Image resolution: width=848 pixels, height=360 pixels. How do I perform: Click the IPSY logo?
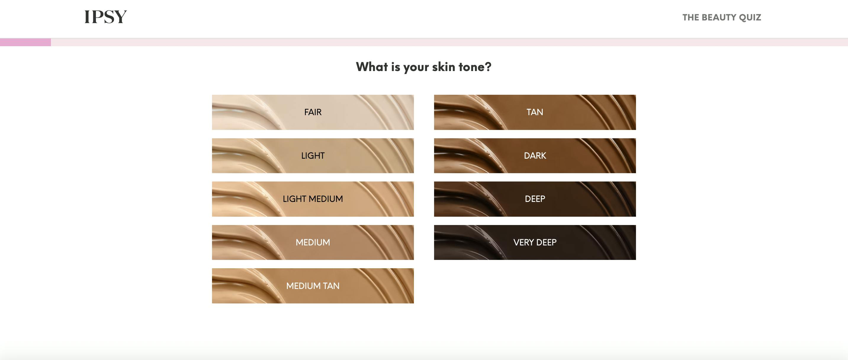tap(106, 17)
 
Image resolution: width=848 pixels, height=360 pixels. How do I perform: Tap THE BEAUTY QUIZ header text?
tap(722, 17)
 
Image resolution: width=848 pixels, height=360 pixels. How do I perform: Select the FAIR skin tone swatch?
tap(313, 112)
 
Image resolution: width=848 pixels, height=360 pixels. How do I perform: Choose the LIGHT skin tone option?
tap(313, 156)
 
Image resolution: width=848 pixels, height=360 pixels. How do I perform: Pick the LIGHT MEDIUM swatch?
tap(313, 199)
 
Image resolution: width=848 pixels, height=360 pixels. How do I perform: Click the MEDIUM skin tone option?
tap(313, 242)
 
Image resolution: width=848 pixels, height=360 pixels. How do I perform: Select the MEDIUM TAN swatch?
tap(313, 286)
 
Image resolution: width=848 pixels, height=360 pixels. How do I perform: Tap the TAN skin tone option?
tap(535, 112)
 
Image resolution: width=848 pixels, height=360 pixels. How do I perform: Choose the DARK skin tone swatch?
tap(535, 156)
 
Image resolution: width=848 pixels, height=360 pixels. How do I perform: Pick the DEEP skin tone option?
tap(535, 199)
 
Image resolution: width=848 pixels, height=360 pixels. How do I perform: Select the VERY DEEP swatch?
tap(535, 242)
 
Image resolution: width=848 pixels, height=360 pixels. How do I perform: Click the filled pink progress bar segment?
tap(25, 42)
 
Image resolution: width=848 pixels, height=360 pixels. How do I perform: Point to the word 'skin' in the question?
tap(444, 67)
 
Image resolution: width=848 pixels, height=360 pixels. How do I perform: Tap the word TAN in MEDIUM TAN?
tap(331, 286)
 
